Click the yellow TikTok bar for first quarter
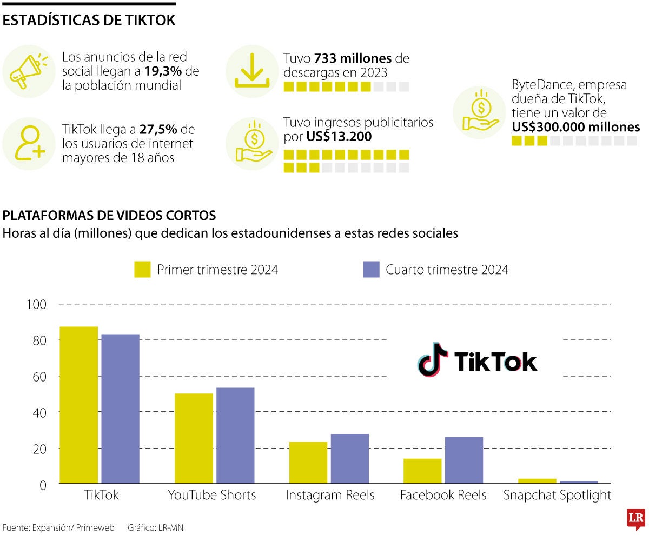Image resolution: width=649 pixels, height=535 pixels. pos(78,405)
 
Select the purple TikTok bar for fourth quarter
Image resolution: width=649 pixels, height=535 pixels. pos(120,409)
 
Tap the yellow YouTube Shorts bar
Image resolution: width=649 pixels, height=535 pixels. pos(194,438)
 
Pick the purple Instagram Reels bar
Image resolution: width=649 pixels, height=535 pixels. pos(349,458)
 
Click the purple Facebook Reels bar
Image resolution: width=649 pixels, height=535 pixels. pos(463,460)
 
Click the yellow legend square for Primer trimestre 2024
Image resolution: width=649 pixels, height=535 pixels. pos(142,269)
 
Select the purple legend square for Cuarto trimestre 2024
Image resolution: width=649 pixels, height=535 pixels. pos(371,269)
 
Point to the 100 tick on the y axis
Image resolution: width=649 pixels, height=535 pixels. pos(37,304)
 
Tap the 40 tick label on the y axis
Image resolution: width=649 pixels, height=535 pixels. pos(37,412)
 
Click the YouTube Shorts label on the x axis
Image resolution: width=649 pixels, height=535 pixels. pos(211,495)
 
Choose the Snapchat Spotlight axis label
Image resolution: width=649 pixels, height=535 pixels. pos(557,495)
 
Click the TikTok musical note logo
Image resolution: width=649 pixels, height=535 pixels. pos(433,359)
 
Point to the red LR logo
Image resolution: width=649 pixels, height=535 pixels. pos(635,519)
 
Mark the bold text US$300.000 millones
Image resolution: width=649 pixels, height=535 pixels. pos(575,128)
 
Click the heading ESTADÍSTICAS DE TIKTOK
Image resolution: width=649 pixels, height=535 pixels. pos(89,21)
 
